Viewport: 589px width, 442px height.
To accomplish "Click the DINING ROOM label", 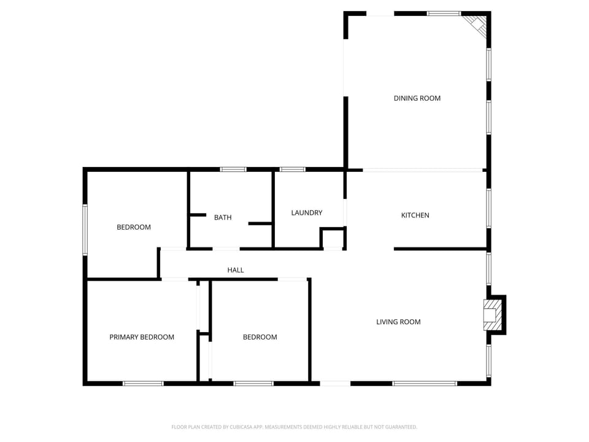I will pyautogui.click(x=417, y=98).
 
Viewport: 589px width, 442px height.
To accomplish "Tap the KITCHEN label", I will pyautogui.click(x=415, y=215).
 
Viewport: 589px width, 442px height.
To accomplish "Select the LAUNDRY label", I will pyautogui.click(x=306, y=213).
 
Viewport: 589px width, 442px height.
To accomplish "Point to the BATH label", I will pyautogui.click(x=223, y=217).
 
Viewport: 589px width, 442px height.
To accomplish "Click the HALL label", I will pyautogui.click(x=236, y=270).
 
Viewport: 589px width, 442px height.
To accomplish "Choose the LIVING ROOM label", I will pyautogui.click(x=398, y=322).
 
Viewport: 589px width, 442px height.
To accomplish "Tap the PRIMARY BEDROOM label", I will pyautogui.click(x=142, y=337).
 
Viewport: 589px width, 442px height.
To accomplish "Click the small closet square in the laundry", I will pyautogui.click(x=333, y=238).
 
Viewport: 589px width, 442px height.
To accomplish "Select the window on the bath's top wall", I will pyautogui.click(x=233, y=169).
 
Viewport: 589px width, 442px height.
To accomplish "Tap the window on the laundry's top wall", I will pyautogui.click(x=293, y=169).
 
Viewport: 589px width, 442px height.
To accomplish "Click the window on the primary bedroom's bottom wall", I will pyautogui.click(x=143, y=384).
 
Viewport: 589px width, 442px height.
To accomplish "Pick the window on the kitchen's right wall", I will pyautogui.click(x=488, y=208).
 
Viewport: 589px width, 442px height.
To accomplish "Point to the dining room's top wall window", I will pyautogui.click(x=444, y=13).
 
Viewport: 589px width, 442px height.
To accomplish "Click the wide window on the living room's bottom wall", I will pyautogui.click(x=425, y=384).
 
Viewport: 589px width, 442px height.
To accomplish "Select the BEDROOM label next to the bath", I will pyautogui.click(x=134, y=227).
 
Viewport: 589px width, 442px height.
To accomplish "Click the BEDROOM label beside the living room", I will pyautogui.click(x=260, y=337).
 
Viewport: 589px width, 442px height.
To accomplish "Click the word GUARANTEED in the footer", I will pyautogui.click(x=399, y=427).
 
